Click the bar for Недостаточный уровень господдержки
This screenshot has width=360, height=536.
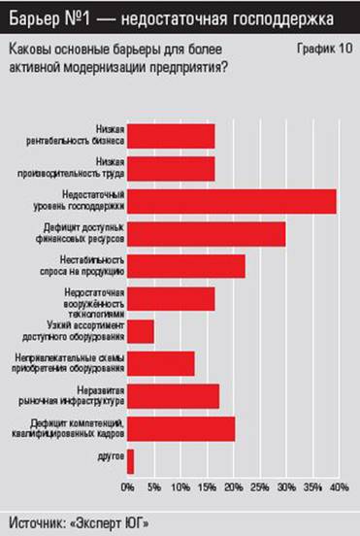pos(232,201)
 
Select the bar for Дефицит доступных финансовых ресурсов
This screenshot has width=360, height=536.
pos(206,234)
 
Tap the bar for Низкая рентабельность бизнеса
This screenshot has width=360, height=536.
pos(171,136)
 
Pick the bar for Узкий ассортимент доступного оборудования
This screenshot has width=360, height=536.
pos(141,331)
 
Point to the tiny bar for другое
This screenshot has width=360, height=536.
pos(130,460)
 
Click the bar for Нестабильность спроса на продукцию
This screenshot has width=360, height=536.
pos(185,266)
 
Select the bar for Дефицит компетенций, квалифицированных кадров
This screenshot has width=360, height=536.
pos(180,428)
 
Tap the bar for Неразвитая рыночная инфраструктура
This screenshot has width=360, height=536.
pos(173,395)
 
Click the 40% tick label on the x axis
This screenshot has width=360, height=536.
pos(339,486)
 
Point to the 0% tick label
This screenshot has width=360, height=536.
pos(128,486)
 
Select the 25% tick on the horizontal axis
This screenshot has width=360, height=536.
pos(260,486)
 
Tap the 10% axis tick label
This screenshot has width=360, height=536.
pos(180,486)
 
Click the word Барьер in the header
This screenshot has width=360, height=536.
pos(35,18)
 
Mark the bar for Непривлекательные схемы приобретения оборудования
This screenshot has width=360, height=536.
pos(160,363)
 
